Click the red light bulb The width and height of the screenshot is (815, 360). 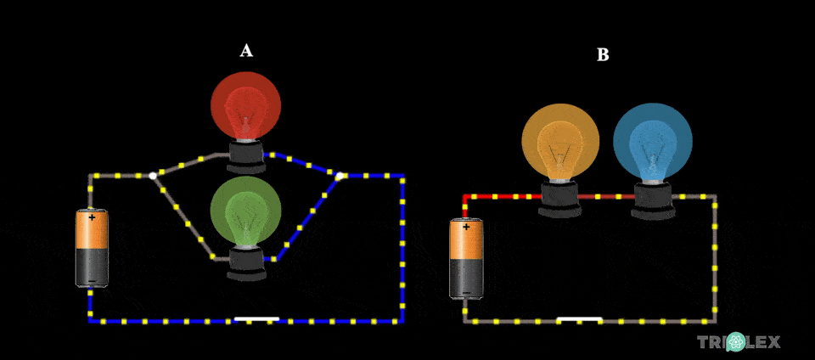[x=246, y=105]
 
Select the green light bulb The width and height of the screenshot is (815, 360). [x=245, y=211]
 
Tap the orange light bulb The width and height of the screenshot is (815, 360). [x=560, y=142]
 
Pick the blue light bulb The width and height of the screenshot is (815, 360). [x=652, y=142]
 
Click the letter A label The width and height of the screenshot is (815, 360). [x=246, y=51]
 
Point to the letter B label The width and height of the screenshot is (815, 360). [x=603, y=55]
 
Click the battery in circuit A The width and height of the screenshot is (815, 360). [x=92, y=248]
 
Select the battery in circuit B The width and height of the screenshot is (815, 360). [x=465, y=259]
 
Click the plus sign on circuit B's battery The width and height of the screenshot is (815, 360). [x=465, y=228]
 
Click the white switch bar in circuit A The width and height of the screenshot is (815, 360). [x=256, y=320]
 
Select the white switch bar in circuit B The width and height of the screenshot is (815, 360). [x=579, y=320]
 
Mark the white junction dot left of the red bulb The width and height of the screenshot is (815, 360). [x=153, y=176]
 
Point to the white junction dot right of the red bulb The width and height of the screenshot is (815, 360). [x=340, y=176]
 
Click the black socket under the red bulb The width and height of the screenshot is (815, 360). [x=246, y=155]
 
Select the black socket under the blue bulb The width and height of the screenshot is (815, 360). [x=652, y=199]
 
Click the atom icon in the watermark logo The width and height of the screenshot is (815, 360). [x=735, y=342]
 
